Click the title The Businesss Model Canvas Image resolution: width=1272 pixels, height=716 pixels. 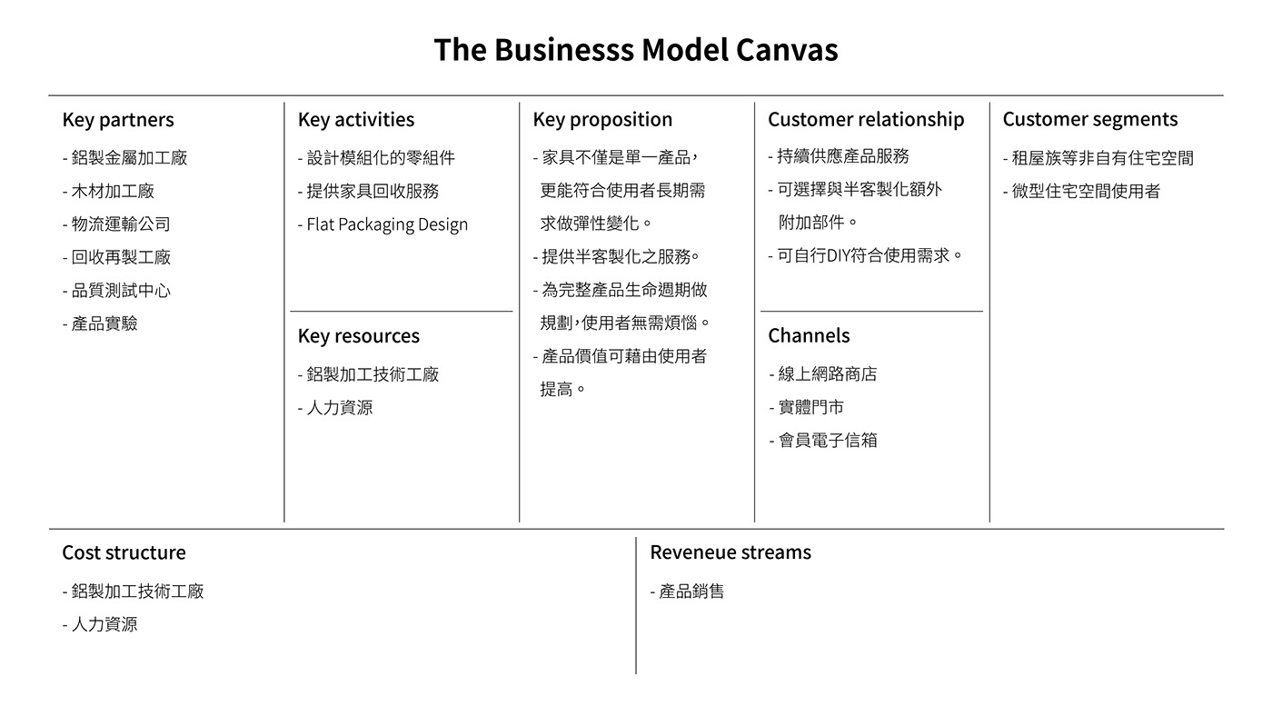(x=635, y=49)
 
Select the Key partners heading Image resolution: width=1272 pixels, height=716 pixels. (x=118, y=120)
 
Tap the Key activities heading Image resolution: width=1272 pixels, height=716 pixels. (x=355, y=120)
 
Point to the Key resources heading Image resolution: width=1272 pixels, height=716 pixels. (x=358, y=336)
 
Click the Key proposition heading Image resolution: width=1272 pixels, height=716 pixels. (x=602, y=120)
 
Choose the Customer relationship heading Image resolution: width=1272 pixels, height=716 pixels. (x=866, y=120)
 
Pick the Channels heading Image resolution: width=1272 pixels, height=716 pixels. (x=809, y=336)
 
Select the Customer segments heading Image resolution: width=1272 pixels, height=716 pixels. (x=1089, y=120)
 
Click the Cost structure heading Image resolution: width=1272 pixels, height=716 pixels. (x=124, y=552)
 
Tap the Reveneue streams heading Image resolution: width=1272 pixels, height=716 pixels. (x=730, y=552)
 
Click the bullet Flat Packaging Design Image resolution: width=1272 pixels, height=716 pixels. (x=383, y=224)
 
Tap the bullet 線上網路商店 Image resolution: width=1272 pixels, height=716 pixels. (x=823, y=374)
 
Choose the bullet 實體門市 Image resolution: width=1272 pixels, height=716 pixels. (x=807, y=407)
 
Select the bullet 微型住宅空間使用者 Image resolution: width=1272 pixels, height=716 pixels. (x=1082, y=191)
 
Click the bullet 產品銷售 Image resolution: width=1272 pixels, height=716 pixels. (x=688, y=592)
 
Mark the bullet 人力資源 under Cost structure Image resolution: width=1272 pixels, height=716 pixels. (x=101, y=624)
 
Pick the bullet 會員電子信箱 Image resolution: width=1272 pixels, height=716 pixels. (x=823, y=441)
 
